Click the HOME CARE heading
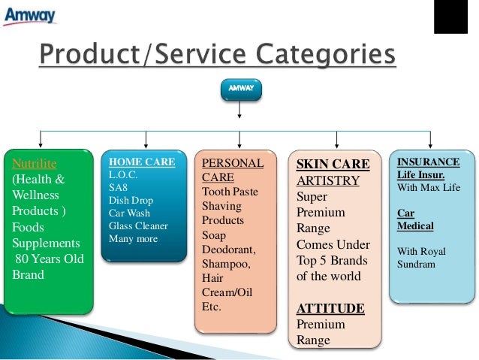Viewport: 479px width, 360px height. click(142, 162)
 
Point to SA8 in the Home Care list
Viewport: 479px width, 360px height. click(119, 187)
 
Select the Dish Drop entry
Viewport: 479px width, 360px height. click(131, 200)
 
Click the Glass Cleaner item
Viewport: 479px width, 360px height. click(138, 225)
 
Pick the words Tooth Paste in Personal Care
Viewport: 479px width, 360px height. click(230, 192)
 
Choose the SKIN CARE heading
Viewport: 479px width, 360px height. click(333, 164)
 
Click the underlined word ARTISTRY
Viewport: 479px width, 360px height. click(327, 180)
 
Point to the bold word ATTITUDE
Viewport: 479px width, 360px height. click(330, 308)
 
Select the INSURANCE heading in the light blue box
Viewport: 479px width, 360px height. click(428, 162)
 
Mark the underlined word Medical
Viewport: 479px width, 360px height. click(414, 225)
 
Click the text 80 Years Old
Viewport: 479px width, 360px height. click(49, 259)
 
